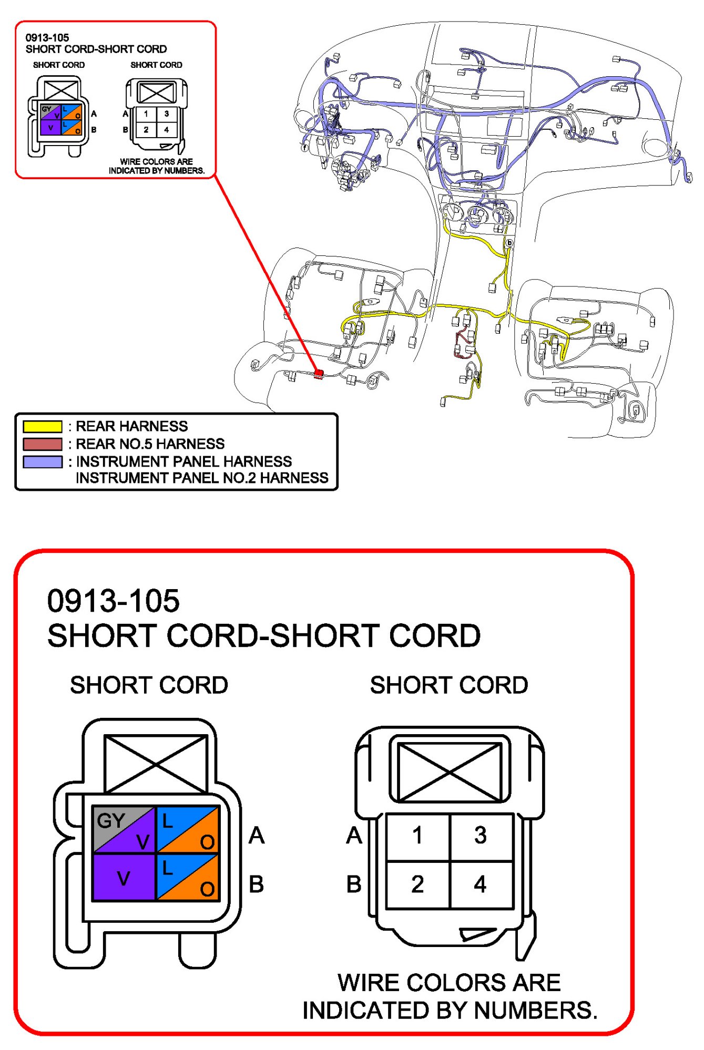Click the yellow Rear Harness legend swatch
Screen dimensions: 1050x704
click(43, 426)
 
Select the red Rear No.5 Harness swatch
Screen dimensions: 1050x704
click(43, 444)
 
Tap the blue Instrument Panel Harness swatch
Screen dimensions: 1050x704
click(43, 462)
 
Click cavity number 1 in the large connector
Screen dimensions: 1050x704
click(417, 836)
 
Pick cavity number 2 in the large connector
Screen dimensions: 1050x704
click(417, 884)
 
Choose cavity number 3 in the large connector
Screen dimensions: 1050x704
click(481, 836)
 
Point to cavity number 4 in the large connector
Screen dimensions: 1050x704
click(481, 884)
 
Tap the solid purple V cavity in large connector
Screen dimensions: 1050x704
click(124, 878)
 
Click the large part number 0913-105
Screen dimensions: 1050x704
click(114, 601)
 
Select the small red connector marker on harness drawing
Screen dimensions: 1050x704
click(318, 374)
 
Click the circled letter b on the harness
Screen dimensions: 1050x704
click(509, 243)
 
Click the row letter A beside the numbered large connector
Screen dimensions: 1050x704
click(354, 836)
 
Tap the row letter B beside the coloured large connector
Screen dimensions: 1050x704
click(256, 884)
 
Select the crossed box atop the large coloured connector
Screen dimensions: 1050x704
click(156, 764)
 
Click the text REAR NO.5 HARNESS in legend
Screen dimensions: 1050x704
click(150, 444)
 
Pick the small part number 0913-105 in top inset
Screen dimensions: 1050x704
click(47, 38)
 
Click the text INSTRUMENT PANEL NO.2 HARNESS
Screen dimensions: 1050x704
click(202, 478)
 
